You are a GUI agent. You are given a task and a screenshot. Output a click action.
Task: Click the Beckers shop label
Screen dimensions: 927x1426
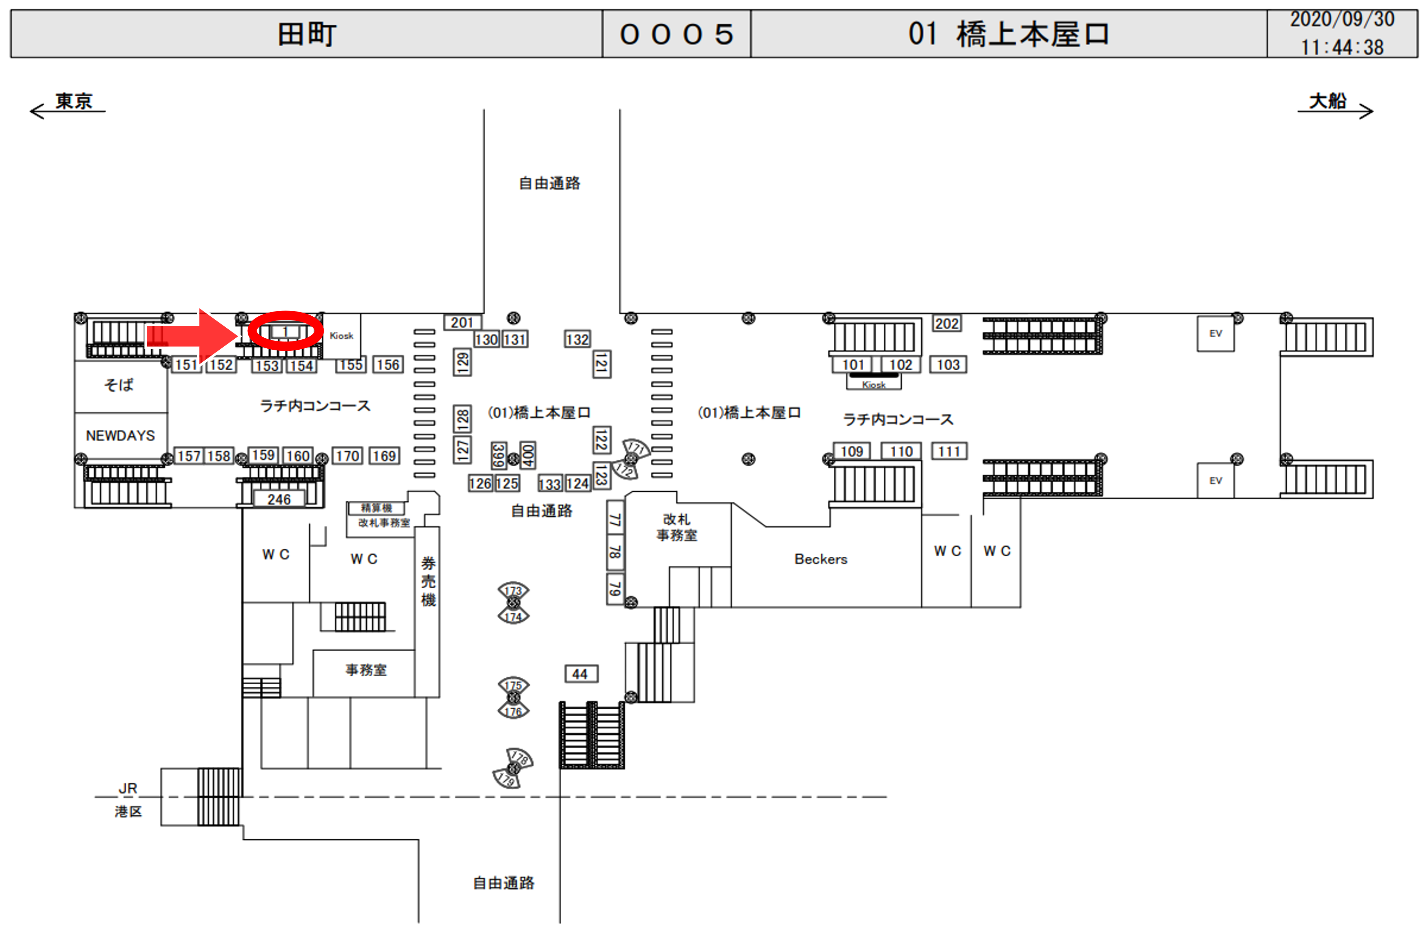click(820, 559)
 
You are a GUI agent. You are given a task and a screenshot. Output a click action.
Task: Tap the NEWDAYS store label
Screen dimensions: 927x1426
click(120, 435)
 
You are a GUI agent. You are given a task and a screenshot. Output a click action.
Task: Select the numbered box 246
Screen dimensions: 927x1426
click(279, 499)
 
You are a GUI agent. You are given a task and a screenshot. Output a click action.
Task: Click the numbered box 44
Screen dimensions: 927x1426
click(580, 674)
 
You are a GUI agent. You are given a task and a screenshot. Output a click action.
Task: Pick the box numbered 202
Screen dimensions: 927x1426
click(947, 323)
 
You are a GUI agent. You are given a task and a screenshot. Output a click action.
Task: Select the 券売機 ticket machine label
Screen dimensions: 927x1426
click(428, 581)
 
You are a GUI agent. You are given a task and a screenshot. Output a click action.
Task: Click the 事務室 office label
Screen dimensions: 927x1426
click(366, 669)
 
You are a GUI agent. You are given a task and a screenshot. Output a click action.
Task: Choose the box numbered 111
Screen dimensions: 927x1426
click(949, 451)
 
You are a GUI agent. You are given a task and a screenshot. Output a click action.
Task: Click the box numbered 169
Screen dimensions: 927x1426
click(384, 456)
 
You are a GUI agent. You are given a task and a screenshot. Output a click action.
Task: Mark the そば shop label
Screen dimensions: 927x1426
click(119, 384)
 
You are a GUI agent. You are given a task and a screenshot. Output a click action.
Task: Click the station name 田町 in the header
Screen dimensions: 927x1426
click(307, 34)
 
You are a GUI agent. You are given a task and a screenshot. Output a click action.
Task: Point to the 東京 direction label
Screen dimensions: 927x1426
click(74, 101)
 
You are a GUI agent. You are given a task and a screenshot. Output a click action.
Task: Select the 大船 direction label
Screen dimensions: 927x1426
click(1327, 101)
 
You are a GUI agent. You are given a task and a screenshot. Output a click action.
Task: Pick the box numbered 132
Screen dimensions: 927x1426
click(577, 339)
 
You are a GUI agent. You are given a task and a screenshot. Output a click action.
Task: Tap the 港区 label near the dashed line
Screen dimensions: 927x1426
click(128, 811)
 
